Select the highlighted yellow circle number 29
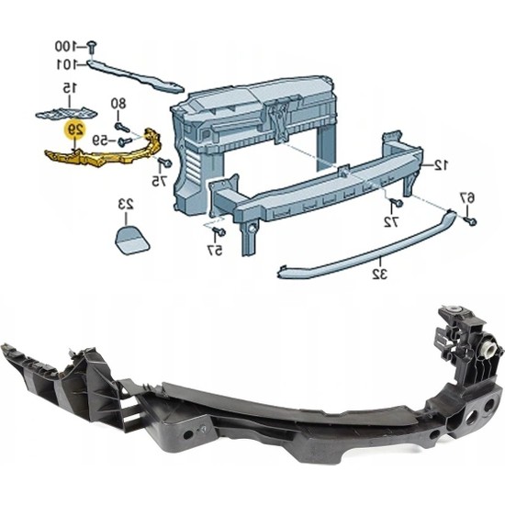tap(78, 130)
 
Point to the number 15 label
tap(68, 88)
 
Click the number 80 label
tap(119, 103)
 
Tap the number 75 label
tap(161, 181)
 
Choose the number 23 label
tap(124, 203)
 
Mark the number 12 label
tap(441, 165)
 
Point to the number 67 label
tap(466, 196)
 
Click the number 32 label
tap(377, 274)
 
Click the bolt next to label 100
tap(95, 44)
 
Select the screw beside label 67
tap(469, 220)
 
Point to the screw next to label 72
tap(394, 202)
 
